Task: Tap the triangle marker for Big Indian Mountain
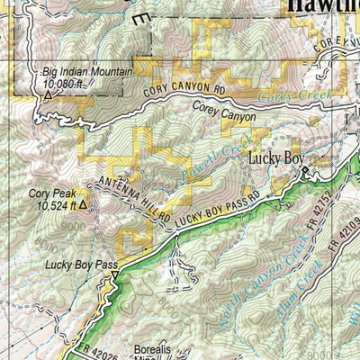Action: [x=47, y=94]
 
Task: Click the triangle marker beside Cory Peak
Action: [x=83, y=205]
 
